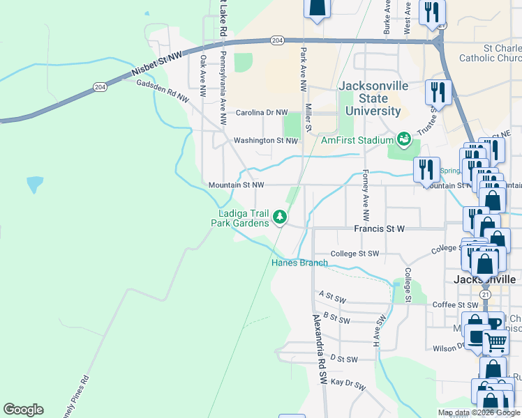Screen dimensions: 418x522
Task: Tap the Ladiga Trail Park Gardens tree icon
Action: coord(280,217)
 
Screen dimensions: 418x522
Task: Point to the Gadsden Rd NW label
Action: coord(159,88)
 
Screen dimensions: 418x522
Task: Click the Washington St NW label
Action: coord(266,140)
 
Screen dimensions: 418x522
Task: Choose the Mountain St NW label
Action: coord(237,185)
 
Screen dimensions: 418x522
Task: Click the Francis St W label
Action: coord(380,229)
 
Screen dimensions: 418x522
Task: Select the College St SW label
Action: coord(355,254)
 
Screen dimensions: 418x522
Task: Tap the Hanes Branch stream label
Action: coord(299,263)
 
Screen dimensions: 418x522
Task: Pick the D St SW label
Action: coord(343,359)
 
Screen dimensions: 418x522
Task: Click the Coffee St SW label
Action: coord(456,304)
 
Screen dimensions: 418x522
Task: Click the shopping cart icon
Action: coord(495,342)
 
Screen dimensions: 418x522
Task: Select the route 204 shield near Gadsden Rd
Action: coord(100,86)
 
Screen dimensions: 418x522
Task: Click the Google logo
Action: coord(23,410)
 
